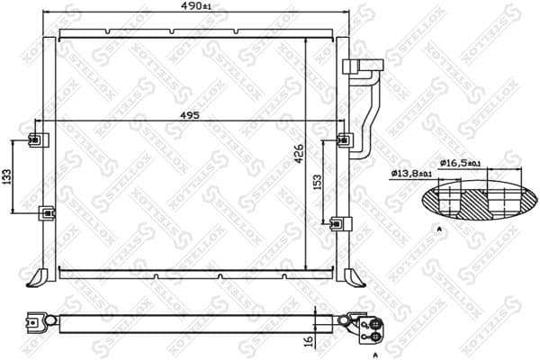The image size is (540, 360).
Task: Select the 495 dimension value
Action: point(188,114)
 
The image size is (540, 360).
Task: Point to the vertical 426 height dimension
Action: point(299,154)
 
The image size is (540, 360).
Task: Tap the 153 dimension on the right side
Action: point(317,183)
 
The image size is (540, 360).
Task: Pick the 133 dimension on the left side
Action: point(6,176)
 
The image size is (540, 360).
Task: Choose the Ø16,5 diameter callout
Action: point(462,163)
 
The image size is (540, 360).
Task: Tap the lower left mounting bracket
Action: point(46,213)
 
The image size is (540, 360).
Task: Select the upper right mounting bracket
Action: point(344,139)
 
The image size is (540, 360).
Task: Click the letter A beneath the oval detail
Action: point(438,230)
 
